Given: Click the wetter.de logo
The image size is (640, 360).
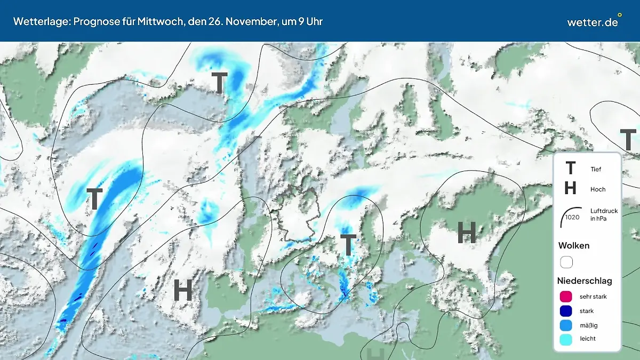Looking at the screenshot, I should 593,22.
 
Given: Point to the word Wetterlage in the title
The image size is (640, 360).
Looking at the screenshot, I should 36,22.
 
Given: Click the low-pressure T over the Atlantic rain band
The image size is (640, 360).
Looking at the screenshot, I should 94,199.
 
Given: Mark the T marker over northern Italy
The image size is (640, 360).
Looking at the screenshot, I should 348,245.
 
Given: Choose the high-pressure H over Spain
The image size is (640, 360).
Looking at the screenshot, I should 183,291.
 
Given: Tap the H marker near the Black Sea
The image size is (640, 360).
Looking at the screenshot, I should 467,233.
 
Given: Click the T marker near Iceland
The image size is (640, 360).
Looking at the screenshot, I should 219,82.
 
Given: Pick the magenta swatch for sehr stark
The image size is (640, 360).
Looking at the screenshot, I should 566,297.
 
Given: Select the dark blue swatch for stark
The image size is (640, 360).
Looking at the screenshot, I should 566,311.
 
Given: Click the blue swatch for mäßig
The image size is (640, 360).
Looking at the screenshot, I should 566,325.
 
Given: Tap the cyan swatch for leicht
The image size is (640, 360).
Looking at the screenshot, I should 566,339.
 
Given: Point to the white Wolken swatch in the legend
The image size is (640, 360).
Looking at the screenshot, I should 566,262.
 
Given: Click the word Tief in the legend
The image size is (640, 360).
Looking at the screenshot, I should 596,169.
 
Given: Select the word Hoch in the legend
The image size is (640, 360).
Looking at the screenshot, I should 598,189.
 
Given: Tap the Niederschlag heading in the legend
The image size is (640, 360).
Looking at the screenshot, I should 585,281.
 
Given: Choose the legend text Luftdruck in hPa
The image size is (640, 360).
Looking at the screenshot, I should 604,214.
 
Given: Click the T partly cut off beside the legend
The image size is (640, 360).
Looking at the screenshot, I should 628,139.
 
